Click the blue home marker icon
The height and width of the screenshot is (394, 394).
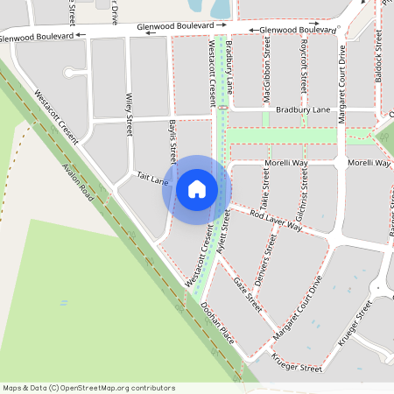click(197, 189)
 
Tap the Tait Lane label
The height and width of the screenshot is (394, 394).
click(152, 179)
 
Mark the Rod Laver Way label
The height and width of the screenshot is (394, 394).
click(276, 220)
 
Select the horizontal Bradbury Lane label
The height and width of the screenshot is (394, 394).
click(303, 110)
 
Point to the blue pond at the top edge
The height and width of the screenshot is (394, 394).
click(220, 8)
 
